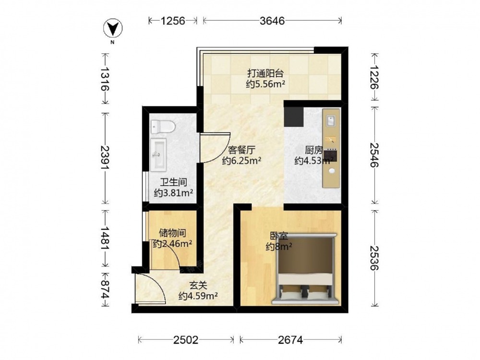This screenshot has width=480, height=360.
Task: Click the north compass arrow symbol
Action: click(x=113, y=28)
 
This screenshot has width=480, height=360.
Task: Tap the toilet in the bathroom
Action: click(x=163, y=126)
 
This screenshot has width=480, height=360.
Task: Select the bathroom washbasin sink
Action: click(x=158, y=154)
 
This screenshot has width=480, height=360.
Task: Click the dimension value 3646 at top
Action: click(x=272, y=21)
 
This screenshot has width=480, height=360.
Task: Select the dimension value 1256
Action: click(x=173, y=21)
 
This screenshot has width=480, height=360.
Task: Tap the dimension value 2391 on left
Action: click(x=105, y=158)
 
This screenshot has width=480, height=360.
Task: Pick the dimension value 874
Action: click(x=105, y=289)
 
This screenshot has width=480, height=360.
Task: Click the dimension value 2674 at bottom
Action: click(x=290, y=340)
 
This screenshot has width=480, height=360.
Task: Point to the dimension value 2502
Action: click(x=186, y=340)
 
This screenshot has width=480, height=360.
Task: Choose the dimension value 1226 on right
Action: click(x=374, y=77)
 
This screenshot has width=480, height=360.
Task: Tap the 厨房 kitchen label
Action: click(x=314, y=150)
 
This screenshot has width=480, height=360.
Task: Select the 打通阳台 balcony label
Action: click(x=265, y=73)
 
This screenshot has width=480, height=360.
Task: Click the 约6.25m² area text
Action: click(x=241, y=160)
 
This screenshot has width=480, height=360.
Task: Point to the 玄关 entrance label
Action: click(x=198, y=286)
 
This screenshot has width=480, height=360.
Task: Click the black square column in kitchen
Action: click(x=294, y=117)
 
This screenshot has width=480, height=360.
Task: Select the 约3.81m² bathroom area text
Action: click(x=173, y=193)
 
